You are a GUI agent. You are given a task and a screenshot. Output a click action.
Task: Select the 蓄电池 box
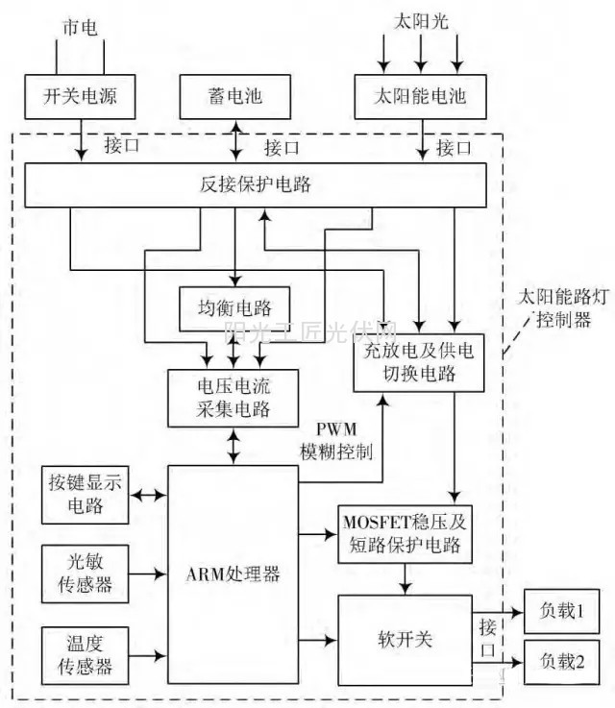(235, 98)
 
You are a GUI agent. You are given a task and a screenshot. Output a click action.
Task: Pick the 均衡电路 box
(234, 308)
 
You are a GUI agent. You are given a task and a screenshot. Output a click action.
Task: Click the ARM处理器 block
(234, 574)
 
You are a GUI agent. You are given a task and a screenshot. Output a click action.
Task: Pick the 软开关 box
(405, 639)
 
